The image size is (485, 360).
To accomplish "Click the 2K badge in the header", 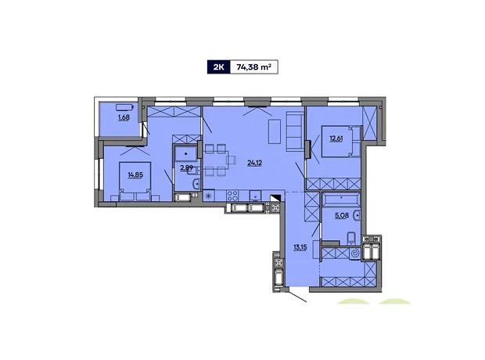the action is (x=219, y=67).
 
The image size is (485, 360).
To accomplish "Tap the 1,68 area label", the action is (x=124, y=117).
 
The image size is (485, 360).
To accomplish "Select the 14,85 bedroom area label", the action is (x=135, y=175).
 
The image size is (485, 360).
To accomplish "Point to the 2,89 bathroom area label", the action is (x=187, y=168).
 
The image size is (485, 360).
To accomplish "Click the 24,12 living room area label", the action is (x=255, y=163).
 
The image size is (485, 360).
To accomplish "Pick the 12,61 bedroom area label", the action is (x=336, y=139).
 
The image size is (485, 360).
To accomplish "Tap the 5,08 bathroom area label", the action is (x=342, y=215).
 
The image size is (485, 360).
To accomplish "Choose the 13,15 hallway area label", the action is (x=300, y=247).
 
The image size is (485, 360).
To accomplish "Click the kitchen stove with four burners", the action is (x=232, y=196).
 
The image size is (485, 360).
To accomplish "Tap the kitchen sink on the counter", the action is (x=256, y=196).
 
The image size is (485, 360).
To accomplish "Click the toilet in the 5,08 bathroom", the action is (x=352, y=238).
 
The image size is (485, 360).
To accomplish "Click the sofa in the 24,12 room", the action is (x=295, y=131).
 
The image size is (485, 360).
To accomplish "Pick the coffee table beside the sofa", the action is (x=275, y=131).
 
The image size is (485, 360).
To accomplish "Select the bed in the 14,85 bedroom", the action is (x=135, y=182).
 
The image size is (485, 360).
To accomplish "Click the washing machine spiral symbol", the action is (x=355, y=254).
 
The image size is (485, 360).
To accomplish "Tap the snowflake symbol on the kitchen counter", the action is (x=209, y=196).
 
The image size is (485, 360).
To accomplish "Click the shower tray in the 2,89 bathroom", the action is (x=185, y=154).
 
